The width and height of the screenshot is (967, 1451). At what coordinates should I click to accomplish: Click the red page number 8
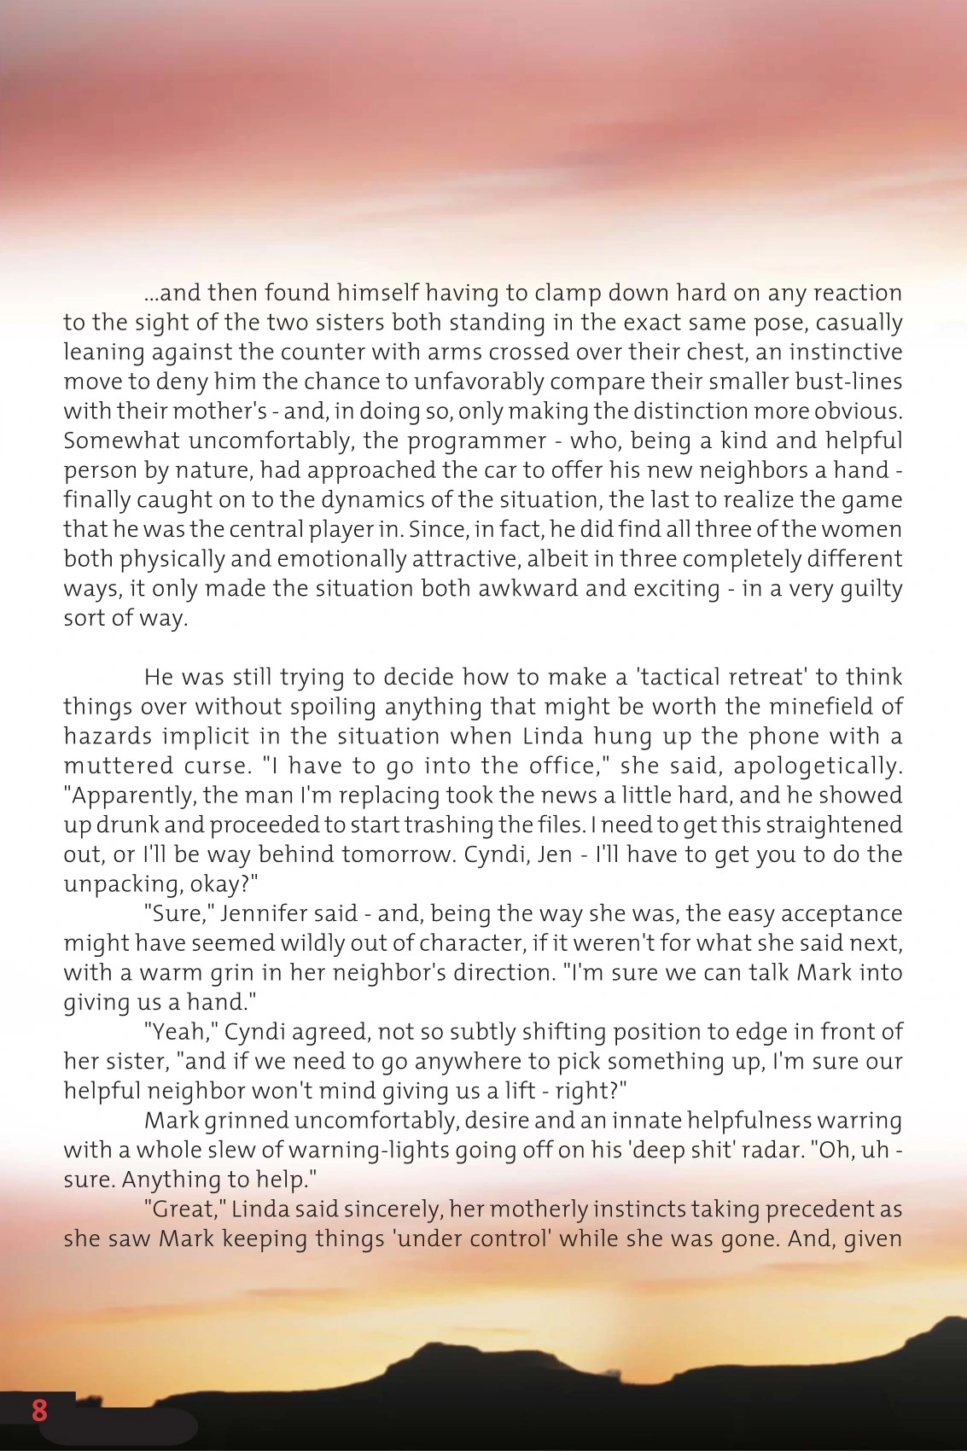pyautogui.click(x=39, y=1409)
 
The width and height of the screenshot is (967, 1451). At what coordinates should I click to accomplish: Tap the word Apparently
pyautogui.click(x=125, y=795)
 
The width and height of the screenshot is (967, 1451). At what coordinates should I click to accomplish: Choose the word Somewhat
pyautogui.click(x=121, y=440)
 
